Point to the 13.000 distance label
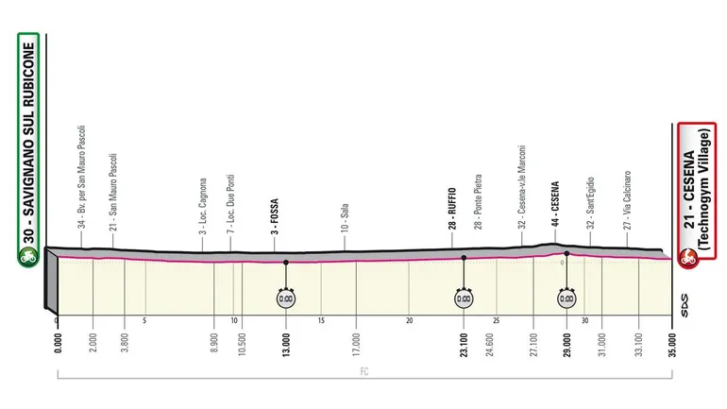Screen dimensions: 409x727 click(285, 337)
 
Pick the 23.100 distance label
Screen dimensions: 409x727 click(463, 337)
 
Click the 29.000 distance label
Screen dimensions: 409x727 click(566, 337)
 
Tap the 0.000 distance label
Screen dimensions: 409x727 click(58, 337)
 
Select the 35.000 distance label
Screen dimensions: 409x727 click(671, 337)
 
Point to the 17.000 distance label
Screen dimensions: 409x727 click(356, 337)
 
